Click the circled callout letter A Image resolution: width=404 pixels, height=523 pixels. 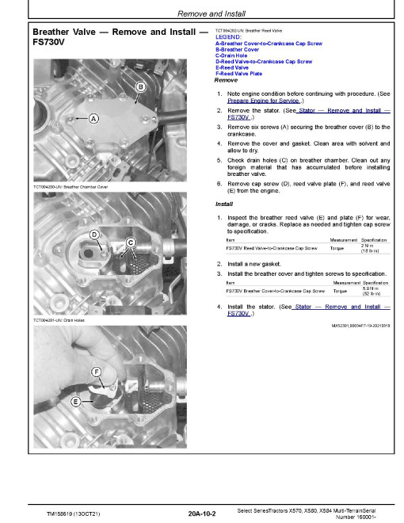tap(93, 118)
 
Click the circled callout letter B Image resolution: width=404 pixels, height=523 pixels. tap(141, 87)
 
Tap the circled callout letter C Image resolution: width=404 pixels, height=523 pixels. tap(131, 242)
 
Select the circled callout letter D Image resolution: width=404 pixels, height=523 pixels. tap(94, 235)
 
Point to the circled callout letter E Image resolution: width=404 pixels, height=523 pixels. tap(76, 402)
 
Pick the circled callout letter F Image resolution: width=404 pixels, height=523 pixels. tap(97, 372)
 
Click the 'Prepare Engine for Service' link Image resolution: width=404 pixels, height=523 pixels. tap(264, 101)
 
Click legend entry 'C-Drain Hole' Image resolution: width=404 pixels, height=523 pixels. tap(231, 55)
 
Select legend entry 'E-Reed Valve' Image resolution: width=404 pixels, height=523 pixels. tap(232, 67)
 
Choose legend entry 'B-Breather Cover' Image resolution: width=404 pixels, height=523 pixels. tap(237, 50)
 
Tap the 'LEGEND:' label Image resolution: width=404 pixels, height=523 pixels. tap(228, 37)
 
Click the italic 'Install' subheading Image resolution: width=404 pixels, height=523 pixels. tap(224, 204)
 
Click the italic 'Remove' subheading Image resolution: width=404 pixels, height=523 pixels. tap(226, 80)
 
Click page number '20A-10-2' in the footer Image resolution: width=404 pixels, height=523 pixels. tap(202, 513)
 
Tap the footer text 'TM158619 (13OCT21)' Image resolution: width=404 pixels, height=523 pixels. tap(74, 514)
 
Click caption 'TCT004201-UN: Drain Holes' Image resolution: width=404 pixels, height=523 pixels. tap(59, 320)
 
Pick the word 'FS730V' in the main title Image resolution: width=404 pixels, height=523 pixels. tap(48, 42)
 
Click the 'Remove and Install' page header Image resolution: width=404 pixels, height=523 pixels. tap(212, 13)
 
